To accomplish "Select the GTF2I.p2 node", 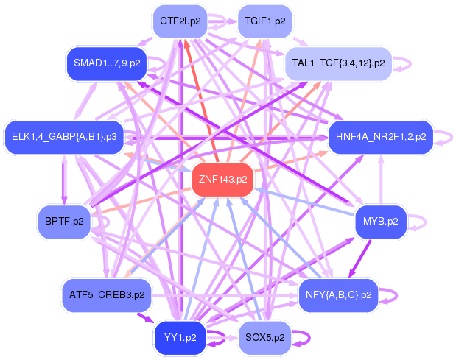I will [x=180, y=21].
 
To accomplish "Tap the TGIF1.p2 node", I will [x=264, y=21].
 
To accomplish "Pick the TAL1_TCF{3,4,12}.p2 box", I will [x=338, y=63].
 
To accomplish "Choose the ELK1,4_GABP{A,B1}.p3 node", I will [x=64, y=137].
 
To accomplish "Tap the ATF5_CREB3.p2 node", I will [x=107, y=295].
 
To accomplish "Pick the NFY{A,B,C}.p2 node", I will [x=338, y=295].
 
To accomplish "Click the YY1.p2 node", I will [x=180, y=338].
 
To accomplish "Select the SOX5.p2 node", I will [x=264, y=338].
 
